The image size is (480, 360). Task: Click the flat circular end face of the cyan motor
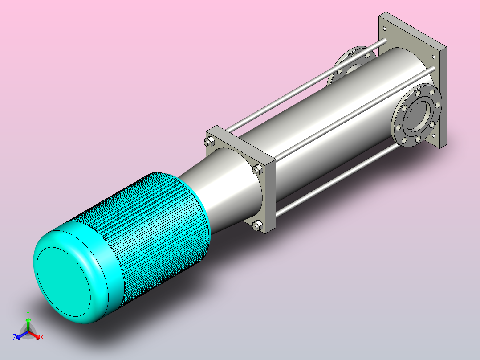pyautogui.click(x=63, y=282)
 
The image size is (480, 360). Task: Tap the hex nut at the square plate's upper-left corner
pyautogui.click(x=209, y=142)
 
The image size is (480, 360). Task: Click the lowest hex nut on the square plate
pyautogui.click(x=257, y=225)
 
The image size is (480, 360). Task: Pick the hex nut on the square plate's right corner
pyautogui.click(x=257, y=169)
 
